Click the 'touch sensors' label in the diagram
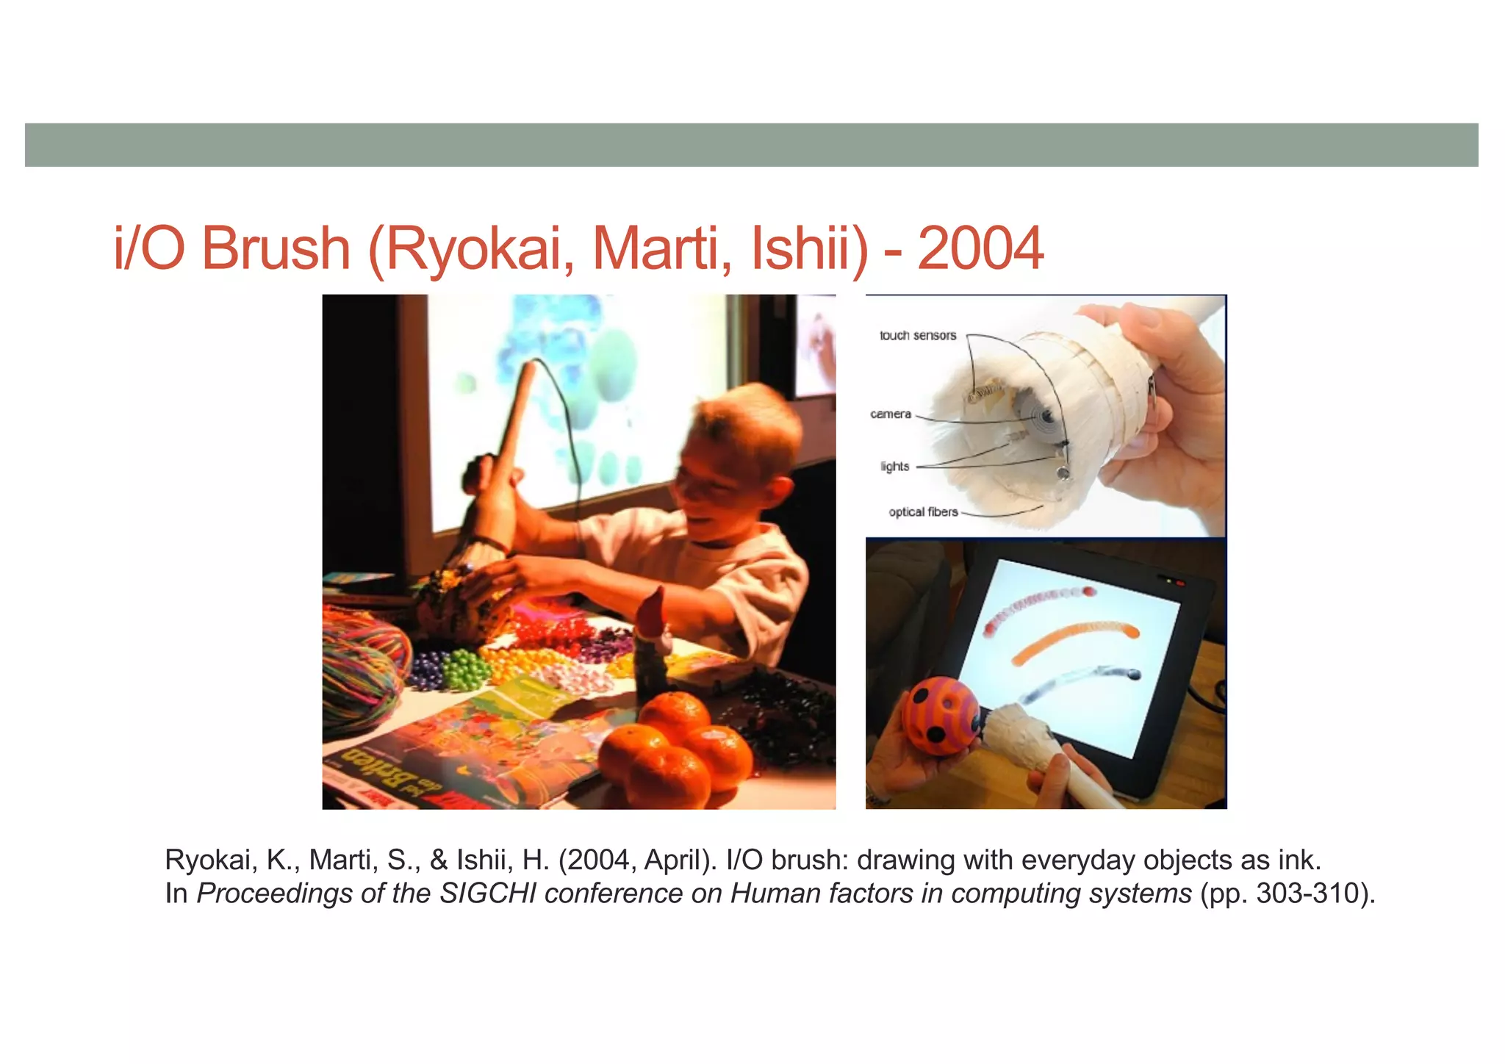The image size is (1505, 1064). pyautogui.click(x=918, y=336)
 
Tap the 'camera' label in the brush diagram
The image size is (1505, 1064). pyautogui.click(x=891, y=414)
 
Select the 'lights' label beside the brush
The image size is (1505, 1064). pyautogui.click(x=894, y=467)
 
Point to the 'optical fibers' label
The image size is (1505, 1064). pyautogui.click(x=923, y=512)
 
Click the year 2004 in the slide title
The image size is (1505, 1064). pyautogui.click(x=980, y=249)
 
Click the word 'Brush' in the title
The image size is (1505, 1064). pyautogui.click(x=276, y=249)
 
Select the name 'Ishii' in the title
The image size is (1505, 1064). pyautogui.click(x=809, y=249)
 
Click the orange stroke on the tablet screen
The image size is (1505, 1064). pyautogui.click(x=1073, y=639)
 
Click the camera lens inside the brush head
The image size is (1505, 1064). pyautogui.click(x=1044, y=417)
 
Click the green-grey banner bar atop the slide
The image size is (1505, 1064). pyautogui.click(x=751, y=145)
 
